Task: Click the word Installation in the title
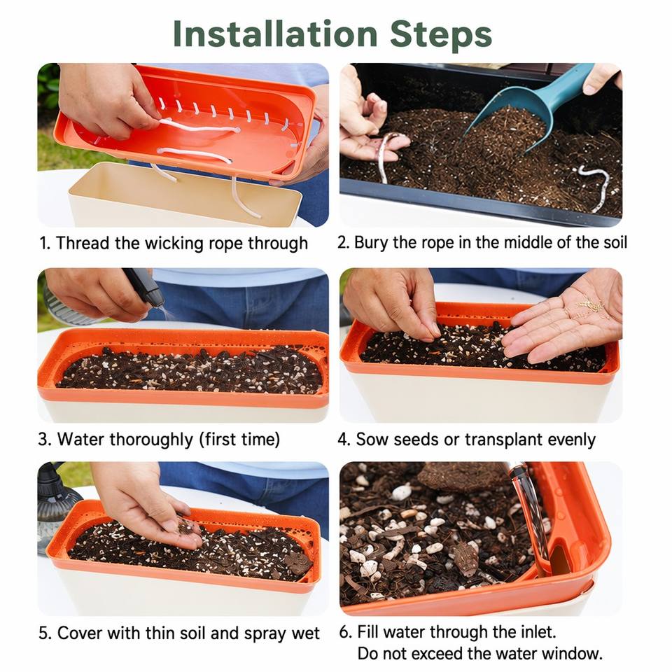275,34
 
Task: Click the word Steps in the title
441,34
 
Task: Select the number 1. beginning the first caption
45,244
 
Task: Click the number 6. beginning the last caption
345,631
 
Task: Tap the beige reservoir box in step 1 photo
184,196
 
